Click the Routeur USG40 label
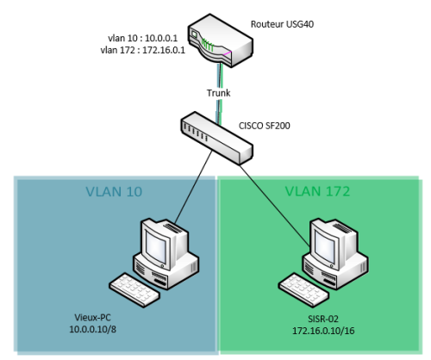(282, 24)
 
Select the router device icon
(221, 40)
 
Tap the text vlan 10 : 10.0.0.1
(143, 38)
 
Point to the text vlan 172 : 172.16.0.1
(143, 50)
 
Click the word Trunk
(219, 93)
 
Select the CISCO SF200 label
(265, 126)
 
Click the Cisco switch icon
(217, 138)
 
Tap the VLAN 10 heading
(114, 191)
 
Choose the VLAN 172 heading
(317, 191)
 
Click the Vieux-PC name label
(92, 317)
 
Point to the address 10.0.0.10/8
(93, 329)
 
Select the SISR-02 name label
(323, 319)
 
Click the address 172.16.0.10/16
(323, 331)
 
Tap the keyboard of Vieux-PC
(134, 289)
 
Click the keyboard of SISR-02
(304, 290)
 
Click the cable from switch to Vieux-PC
(194, 187)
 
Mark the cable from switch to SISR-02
(276, 206)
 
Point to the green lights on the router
(208, 46)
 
